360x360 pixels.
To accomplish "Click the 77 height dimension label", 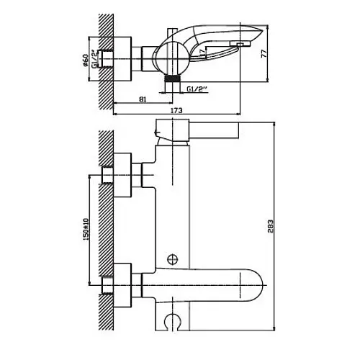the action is click(264, 53).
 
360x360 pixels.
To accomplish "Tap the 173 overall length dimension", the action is click(176, 110).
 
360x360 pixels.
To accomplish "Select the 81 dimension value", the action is click(143, 99).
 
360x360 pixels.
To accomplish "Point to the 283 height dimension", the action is click(271, 226).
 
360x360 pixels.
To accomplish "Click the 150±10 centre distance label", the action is click(86, 229).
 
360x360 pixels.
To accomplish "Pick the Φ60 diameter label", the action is click(86, 60).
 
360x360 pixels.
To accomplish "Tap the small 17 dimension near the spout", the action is click(203, 52).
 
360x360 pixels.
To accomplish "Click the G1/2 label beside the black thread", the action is click(197, 89).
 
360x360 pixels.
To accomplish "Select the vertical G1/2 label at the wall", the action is click(94, 59).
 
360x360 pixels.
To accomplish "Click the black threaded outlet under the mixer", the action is click(172, 78).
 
